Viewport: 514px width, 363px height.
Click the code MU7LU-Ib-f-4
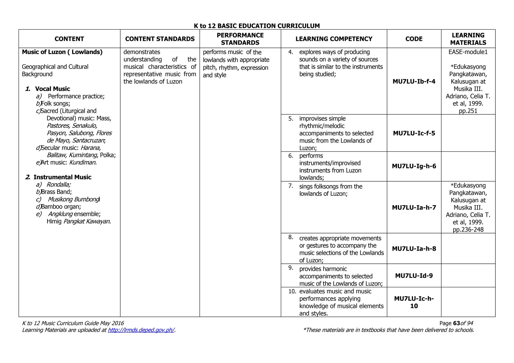point(414,81)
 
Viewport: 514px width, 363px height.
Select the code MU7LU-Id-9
point(414,276)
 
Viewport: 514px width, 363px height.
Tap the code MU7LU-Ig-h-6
point(414,166)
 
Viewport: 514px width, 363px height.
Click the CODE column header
point(414,39)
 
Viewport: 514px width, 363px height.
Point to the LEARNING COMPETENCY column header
point(334,39)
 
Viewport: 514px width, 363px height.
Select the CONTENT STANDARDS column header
point(160,39)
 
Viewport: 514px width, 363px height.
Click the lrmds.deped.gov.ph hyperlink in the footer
point(141,330)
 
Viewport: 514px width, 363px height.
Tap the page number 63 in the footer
point(457,323)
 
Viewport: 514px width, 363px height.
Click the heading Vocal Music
point(52,89)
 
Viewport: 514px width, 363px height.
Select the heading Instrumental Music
point(62,177)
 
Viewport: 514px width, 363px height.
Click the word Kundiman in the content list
point(83,162)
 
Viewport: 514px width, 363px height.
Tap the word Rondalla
point(58,185)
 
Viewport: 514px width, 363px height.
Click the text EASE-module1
point(468,52)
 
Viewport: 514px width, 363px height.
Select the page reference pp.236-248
point(468,230)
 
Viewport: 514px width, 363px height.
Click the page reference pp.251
point(468,111)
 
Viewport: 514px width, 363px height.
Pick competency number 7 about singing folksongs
point(331,190)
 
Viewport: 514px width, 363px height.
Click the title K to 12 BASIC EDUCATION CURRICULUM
point(257,26)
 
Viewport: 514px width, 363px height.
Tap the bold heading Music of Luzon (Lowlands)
point(62,52)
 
